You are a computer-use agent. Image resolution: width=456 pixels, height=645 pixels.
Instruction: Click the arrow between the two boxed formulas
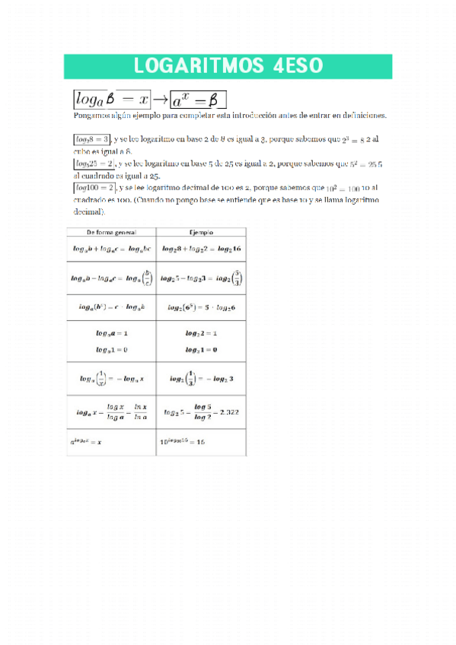pyautogui.click(x=161, y=99)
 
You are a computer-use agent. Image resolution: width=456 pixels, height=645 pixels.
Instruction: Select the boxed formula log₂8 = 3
pyautogui.click(x=92, y=140)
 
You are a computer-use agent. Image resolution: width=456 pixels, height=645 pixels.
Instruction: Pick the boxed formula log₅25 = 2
pyautogui.click(x=94, y=164)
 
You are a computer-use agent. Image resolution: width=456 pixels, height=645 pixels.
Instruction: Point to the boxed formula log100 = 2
pyautogui.click(x=95, y=188)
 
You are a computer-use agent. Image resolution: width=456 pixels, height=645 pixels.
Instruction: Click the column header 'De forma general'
pyautogui.click(x=111, y=232)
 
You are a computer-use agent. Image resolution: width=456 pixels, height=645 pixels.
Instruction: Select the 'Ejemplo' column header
pyautogui.click(x=201, y=232)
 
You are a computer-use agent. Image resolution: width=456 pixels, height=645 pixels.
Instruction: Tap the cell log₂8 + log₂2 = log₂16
pyautogui.click(x=201, y=249)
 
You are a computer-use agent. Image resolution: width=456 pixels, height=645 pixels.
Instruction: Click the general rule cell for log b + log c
pyautogui.click(x=111, y=249)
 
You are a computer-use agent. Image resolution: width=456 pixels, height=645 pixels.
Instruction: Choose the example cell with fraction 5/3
pyautogui.click(x=201, y=278)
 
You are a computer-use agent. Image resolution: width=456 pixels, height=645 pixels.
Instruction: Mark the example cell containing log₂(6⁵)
pyautogui.click(x=201, y=307)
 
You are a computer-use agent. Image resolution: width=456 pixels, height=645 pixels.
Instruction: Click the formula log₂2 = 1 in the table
pyautogui.click(x=201, y=334)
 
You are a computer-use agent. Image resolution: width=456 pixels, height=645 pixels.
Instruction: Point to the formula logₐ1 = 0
pyautogui.click(x=111, y=349)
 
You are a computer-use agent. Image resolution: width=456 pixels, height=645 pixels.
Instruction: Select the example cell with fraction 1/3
pyautogui.click(x=201, y=378)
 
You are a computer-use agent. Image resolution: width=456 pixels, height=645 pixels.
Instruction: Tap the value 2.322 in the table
pyautogui.click(x=228, y=412)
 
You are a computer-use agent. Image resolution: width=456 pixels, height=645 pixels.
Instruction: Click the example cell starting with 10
pyautogui.click(x=183, y=441)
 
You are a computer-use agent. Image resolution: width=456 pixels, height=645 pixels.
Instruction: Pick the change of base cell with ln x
pyautogui.click(x=111, y=412)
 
